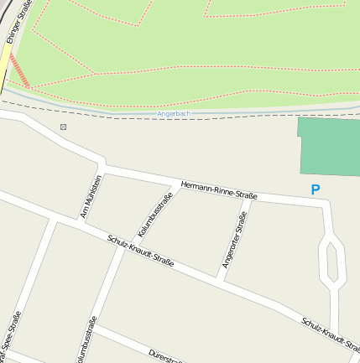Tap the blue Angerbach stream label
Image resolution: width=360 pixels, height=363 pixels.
(175, 113)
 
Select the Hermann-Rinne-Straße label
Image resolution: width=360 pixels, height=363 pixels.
(218, 189)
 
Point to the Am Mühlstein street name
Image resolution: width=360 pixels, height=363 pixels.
(90, 198)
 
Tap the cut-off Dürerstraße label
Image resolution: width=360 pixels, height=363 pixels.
(165, 355)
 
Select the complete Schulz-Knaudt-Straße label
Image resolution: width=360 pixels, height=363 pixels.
(140, 251)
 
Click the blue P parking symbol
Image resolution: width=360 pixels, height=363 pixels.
(316, 190)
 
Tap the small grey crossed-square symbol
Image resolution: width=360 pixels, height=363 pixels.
(63, 127)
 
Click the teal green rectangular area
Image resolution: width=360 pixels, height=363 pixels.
(329, 146)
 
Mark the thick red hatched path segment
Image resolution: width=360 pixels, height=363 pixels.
(19, 70)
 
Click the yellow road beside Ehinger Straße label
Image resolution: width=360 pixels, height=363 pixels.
(4, 67)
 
